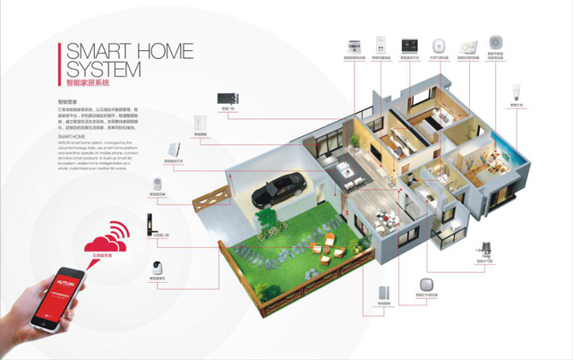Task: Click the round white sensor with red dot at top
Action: point(496,42)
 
